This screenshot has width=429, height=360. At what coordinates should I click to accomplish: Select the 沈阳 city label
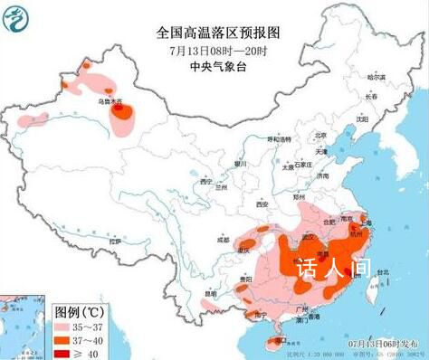[362, 118]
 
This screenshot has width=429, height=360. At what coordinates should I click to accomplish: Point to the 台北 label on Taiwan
[381, 270]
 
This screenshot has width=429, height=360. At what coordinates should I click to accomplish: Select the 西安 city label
[262, 205]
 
